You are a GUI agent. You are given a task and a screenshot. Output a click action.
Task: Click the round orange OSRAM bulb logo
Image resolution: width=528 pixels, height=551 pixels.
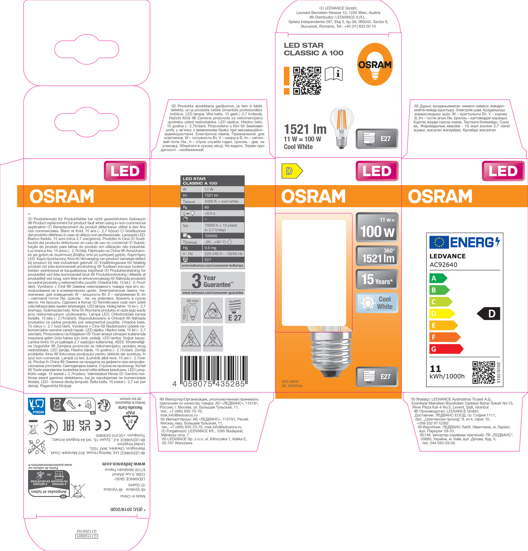[x=375, y=64]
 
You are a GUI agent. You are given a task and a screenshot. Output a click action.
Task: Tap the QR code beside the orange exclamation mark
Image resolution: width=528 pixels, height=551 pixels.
[x=307, y=80]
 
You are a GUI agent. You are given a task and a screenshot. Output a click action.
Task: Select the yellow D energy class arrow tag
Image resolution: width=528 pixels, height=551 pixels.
[x=292, y=171]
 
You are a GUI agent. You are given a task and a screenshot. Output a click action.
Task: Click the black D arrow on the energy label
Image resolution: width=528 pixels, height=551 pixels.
[x=489, y=313]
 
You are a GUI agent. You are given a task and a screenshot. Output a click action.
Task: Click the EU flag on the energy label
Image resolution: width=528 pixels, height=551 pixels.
[x=439, y=242]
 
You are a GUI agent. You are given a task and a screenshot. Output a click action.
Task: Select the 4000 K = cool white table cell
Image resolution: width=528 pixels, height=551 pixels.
[x=223, y=201]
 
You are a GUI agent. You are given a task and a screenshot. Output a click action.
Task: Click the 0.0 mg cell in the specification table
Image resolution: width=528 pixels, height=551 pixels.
[x=223, y=248]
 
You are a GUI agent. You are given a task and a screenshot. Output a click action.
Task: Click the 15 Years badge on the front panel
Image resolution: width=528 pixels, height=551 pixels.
[x=377, y=279]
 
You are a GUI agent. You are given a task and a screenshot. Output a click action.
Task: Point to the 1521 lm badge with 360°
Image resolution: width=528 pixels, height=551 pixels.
[x=377, y=256]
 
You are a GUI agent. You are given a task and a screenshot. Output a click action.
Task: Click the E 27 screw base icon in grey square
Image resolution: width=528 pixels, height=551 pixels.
[x=235, y=310]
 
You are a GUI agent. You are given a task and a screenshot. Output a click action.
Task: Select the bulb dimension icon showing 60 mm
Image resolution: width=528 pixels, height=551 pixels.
[x=191, y=310]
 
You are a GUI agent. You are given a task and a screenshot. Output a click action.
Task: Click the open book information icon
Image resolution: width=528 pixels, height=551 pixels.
[x=334, y=74]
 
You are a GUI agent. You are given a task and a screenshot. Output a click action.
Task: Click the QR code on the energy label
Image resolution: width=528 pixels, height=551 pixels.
[x=483, y=373]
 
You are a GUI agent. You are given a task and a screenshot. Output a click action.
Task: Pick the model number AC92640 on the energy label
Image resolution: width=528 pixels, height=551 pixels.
[x=444, y=265]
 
